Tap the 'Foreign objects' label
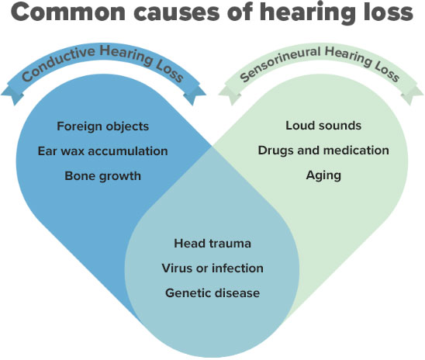103,125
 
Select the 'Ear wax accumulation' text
103,150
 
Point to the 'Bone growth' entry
103,175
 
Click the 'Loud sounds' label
323,125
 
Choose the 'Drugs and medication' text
323,150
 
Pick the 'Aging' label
323,175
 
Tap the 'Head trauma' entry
212,243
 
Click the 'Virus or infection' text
212,268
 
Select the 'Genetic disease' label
212,292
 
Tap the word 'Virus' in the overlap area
178,268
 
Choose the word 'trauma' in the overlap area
230,243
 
